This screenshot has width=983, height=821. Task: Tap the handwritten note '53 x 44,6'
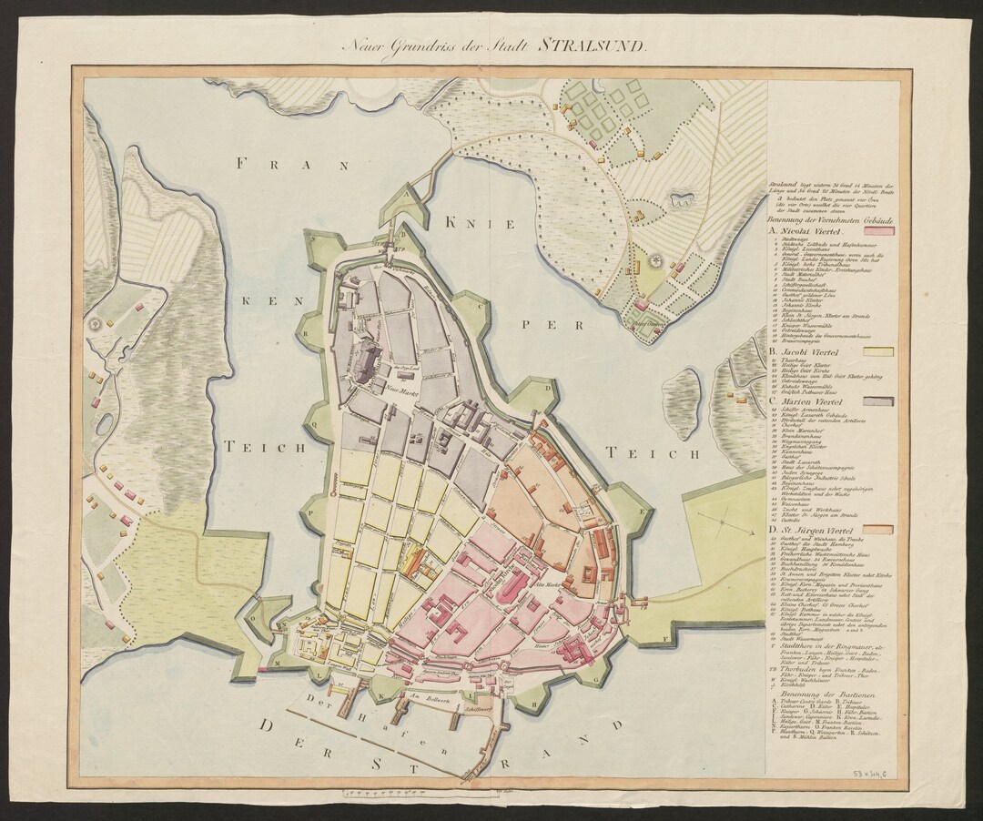click(875, 772)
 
